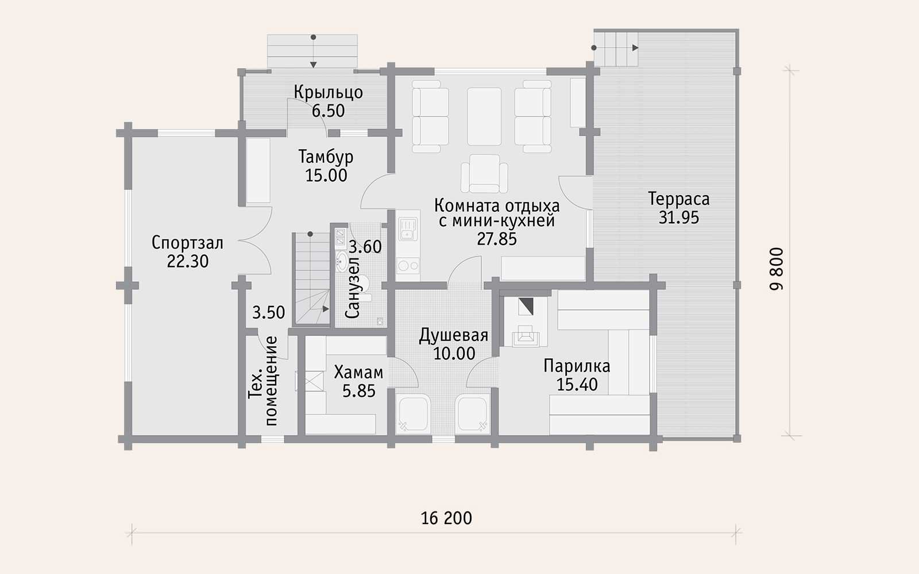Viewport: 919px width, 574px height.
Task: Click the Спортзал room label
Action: (x=187, y=243)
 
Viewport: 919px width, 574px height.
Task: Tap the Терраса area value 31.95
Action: (x=678, y=218)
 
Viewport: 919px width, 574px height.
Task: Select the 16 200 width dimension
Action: (x=446, y=518)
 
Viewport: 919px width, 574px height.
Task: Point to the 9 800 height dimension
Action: (x=776, y=269)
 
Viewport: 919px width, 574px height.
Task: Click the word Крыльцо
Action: (x=328, y=92)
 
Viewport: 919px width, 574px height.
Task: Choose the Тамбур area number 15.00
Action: (x=326, y=176)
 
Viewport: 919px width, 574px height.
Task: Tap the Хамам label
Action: (x=358, y=373)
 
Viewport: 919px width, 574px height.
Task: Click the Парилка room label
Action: (x=577, y=366)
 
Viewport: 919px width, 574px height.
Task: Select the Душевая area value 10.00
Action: (x=454, y=354)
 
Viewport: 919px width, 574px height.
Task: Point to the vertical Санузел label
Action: (x=353, y=288)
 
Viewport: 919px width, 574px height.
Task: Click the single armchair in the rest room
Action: (x=484, y=173)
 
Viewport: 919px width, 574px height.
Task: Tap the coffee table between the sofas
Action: (x=484, y=117)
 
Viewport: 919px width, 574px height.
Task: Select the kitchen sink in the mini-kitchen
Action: (x=407, y=230)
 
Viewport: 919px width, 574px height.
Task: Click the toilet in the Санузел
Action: (x=364, y=288)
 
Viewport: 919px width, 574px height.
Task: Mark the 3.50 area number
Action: (x=268, y=312)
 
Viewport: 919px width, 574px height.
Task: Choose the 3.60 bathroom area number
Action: (x=365, y=247)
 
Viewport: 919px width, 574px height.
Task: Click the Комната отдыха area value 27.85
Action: (x=497, y=239)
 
